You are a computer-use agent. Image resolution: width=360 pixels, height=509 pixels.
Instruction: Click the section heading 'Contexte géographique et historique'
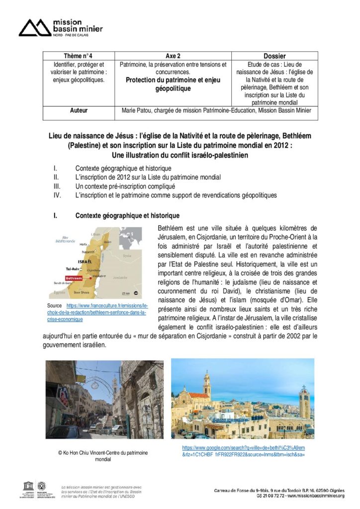(x=127, y=216)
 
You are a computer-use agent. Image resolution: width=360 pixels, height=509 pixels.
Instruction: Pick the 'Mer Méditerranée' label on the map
(x=65, y=239)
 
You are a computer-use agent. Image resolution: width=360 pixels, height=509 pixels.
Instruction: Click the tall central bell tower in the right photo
(x=206, y=385)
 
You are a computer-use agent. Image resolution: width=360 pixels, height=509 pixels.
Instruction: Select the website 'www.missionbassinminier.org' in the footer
(x=314, y=496)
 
